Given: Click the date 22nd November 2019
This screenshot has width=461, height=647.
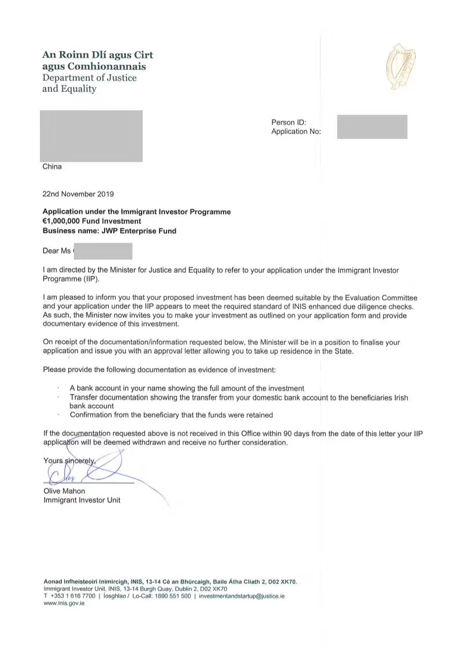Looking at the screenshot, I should click(79, 194).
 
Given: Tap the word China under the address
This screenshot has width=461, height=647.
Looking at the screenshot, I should click(52, 167).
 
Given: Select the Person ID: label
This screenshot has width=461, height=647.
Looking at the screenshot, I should click(288, 122).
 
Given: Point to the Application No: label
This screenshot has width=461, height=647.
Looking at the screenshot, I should click(296, 132).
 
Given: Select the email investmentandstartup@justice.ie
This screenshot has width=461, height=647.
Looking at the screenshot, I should click(241, 596).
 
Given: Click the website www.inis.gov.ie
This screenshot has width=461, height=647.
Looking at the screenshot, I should click(64, 603).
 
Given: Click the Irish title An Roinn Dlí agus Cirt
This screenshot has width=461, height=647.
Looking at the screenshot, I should click(98, 55).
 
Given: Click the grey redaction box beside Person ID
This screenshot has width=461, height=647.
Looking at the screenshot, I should click(372, 127).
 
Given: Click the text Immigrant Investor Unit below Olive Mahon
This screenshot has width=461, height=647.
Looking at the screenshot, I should click(82, 500).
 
